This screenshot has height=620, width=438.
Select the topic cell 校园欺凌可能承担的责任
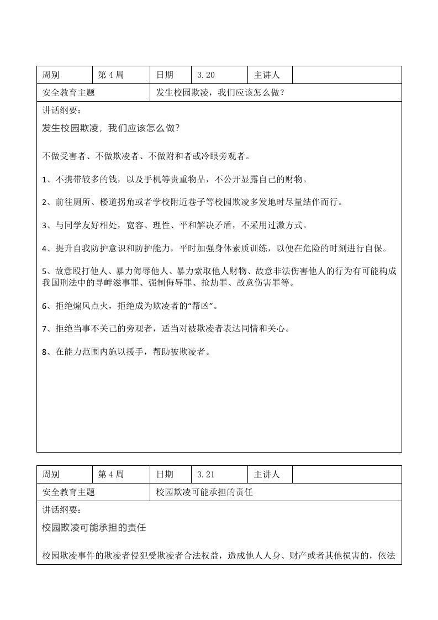[x=204, y=492]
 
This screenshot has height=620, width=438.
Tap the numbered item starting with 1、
[x=175, y=180]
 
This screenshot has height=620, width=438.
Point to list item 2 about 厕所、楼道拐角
[x=193, y=202]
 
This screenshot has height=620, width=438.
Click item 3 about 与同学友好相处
[x=175, y=225]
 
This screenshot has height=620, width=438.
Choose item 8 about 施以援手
[x=127, y=352]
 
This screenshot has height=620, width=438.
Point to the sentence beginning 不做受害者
[x=146, y=156]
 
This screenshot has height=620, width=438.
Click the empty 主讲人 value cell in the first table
[x=346, y=75]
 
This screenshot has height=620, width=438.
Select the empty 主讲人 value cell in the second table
[x=346, y=475]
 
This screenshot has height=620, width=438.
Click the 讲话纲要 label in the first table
[x=61, y=111]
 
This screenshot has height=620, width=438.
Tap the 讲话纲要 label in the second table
[x=61, y=509]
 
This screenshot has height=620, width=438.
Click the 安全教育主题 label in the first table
[x=68, y=93]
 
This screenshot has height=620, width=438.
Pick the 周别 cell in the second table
[x=51, y=475]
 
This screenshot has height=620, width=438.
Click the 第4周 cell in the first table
[x=111, y=75]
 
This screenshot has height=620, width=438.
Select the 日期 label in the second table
[x=165, y=475]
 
